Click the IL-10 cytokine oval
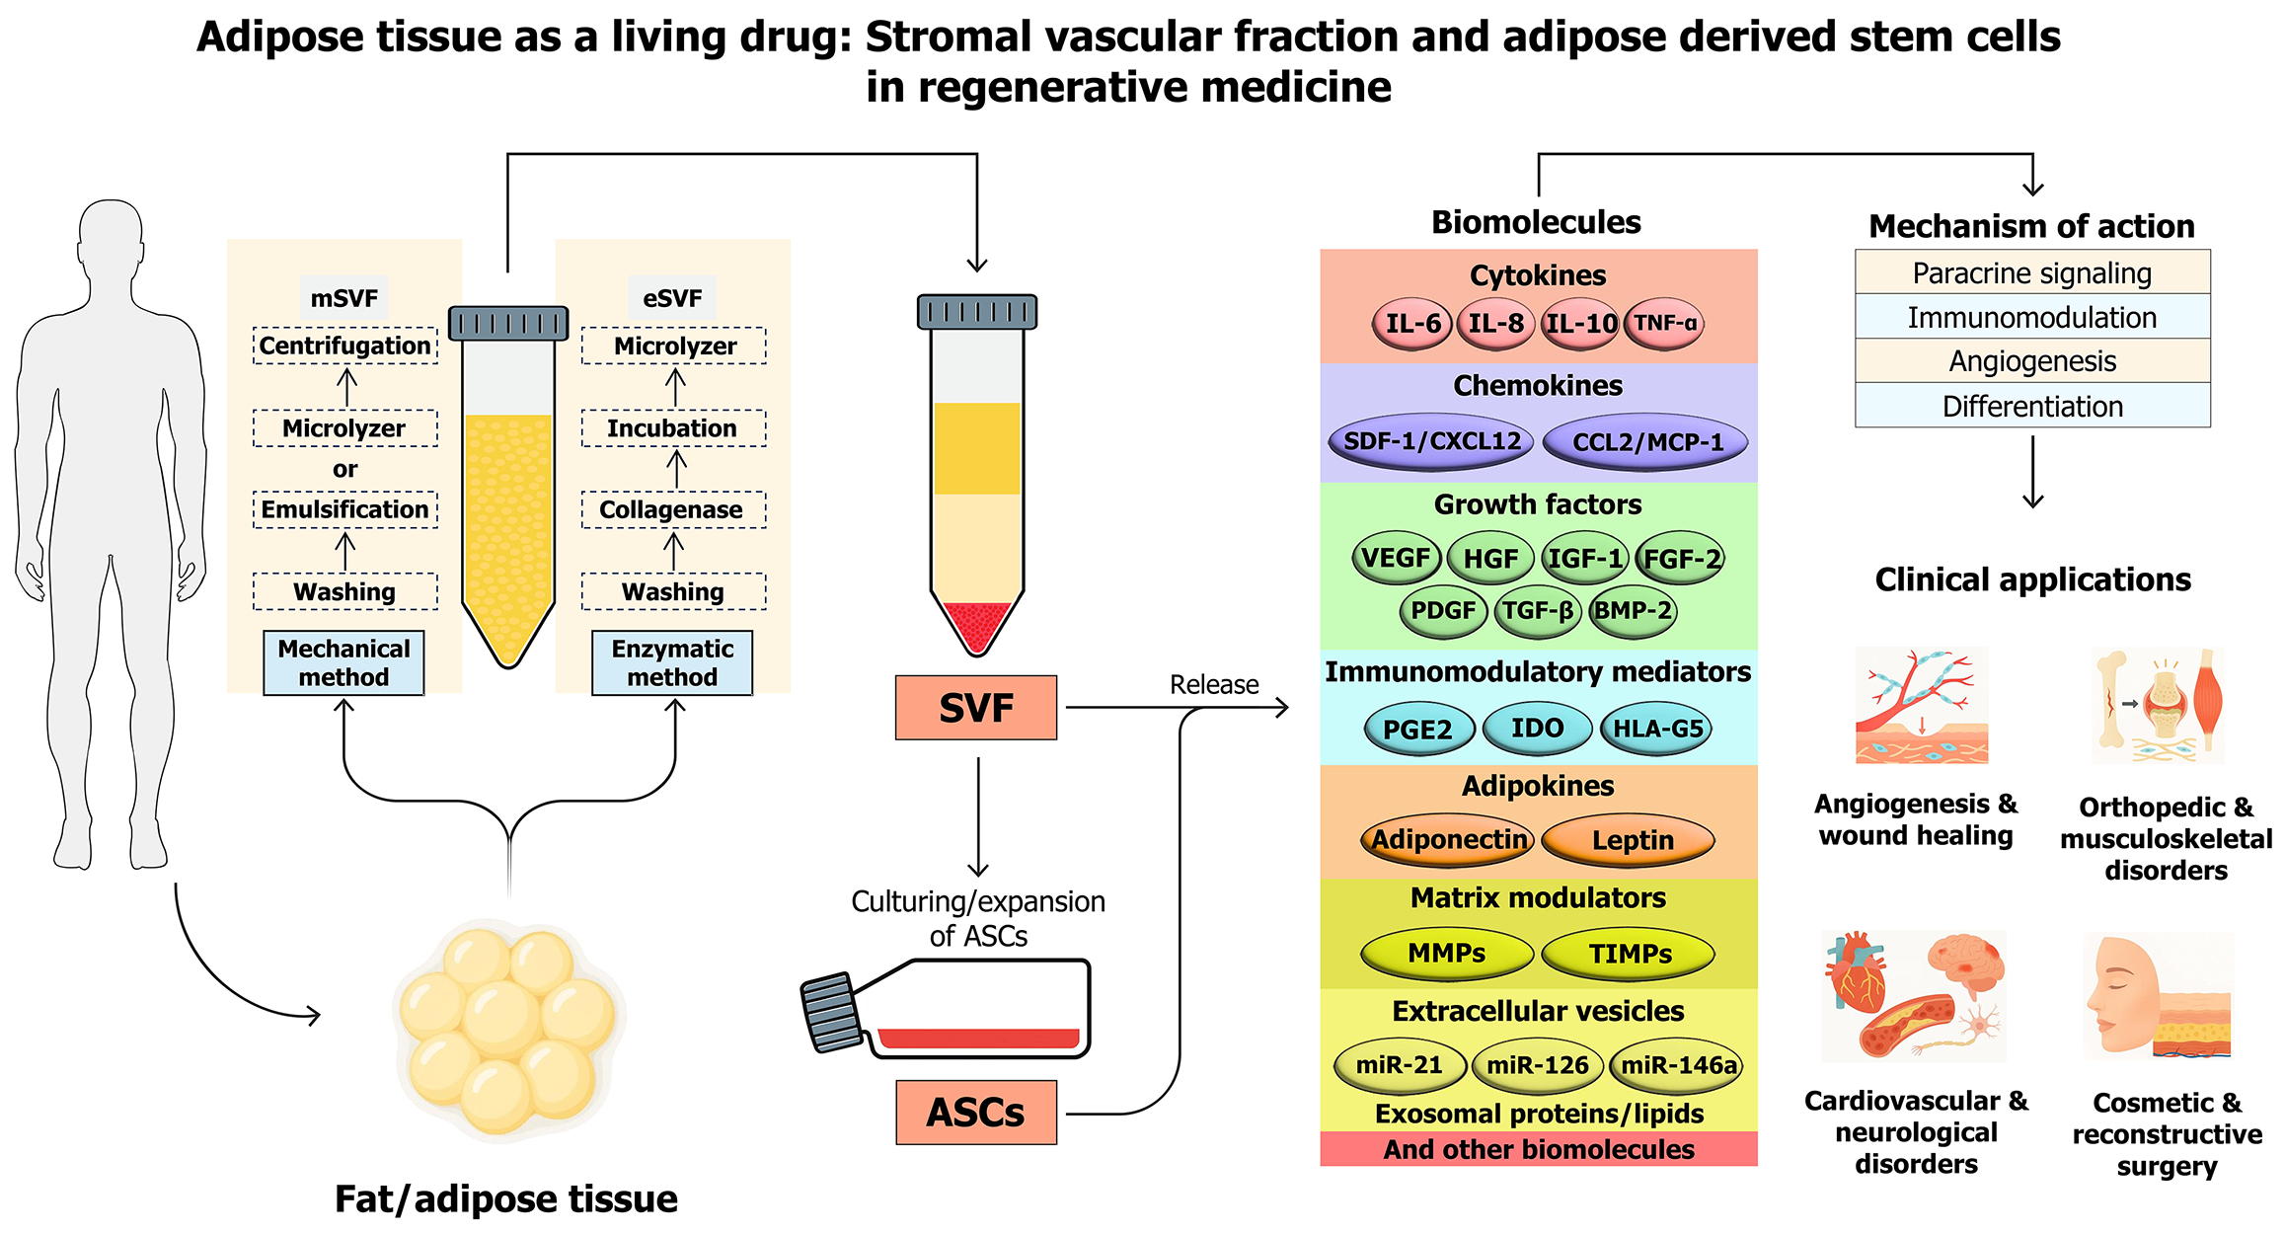click(1580, 324)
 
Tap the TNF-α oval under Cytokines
click(1664, 324)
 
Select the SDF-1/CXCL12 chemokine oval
click(1432, 441)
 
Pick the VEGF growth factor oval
click(1396, 558)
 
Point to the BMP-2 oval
click(1634, 611)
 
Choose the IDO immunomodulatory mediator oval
click(1537, 729)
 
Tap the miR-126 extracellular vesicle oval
click(1538, 1065)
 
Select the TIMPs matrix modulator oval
click(1629, 954)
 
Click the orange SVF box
click(976, 708)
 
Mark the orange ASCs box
click(976, 1113)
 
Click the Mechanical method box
click(343, 663)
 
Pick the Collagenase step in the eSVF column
click(673, 510)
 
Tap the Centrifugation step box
click(344, 346)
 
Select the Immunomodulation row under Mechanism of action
click(2032, 318)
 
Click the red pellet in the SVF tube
click(976, 625)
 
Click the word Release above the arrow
click(1214, 684)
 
